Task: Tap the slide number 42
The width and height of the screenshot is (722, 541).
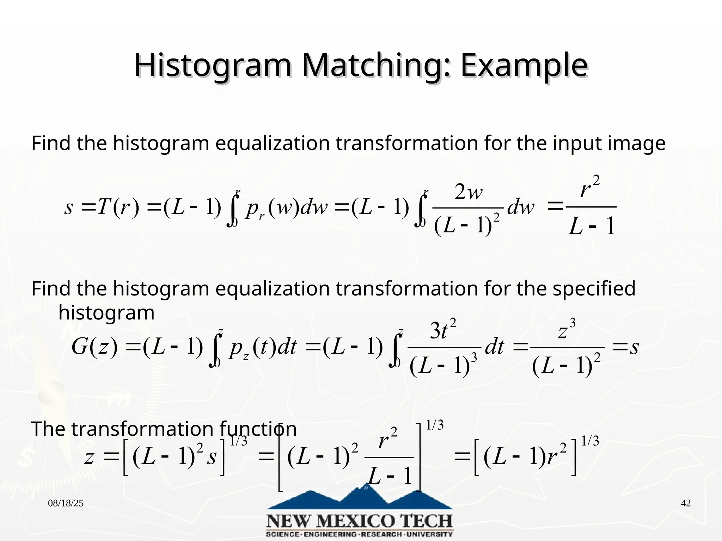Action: coord(686,503)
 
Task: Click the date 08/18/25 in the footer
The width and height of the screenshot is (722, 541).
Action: coord(66,503)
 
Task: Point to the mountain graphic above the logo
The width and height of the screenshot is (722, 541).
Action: coord(360,498)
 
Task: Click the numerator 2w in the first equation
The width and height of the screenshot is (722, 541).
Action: coord(468,193)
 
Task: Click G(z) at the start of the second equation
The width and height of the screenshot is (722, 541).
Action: coord(94,347)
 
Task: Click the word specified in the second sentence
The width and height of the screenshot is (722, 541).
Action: coord(594,288)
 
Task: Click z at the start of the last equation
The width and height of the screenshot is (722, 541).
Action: coord(89,457)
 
